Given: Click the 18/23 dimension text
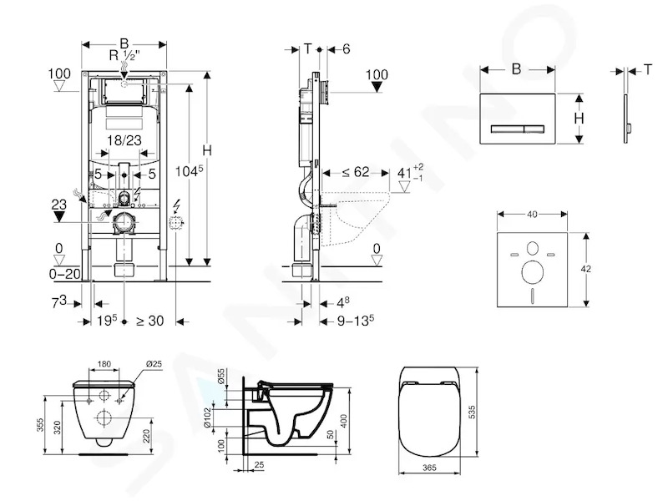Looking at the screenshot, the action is [x=124, y=140].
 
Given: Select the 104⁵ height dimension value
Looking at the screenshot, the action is [x=190, y=171].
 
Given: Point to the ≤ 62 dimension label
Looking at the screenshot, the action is [x=356, y=172].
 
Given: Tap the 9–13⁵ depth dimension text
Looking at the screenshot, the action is [x=356, y=320].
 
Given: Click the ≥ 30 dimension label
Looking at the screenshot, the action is [x=150, y=321].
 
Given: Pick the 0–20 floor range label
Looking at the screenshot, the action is [x=65, y=274].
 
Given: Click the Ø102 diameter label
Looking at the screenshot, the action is [x=220, y=417].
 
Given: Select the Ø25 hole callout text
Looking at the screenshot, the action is [x=154, y=364].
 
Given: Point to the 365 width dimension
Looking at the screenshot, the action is [x=429, y=468].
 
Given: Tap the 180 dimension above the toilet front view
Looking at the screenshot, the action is [x=104, y=364].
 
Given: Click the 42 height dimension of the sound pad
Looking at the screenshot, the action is [x=586, y=269].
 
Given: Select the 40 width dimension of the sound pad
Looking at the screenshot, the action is [x=532, y=215].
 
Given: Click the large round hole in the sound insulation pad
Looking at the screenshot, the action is [x=533, y=272].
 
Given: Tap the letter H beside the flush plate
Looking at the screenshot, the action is [x=579, y=118].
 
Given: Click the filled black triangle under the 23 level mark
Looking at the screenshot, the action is [x=58, y=216].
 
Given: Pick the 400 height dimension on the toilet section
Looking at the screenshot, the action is [x=344, y=421].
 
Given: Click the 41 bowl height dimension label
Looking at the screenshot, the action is [x=404, y=173].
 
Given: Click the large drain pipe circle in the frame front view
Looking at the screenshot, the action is [x=124, y=223].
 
